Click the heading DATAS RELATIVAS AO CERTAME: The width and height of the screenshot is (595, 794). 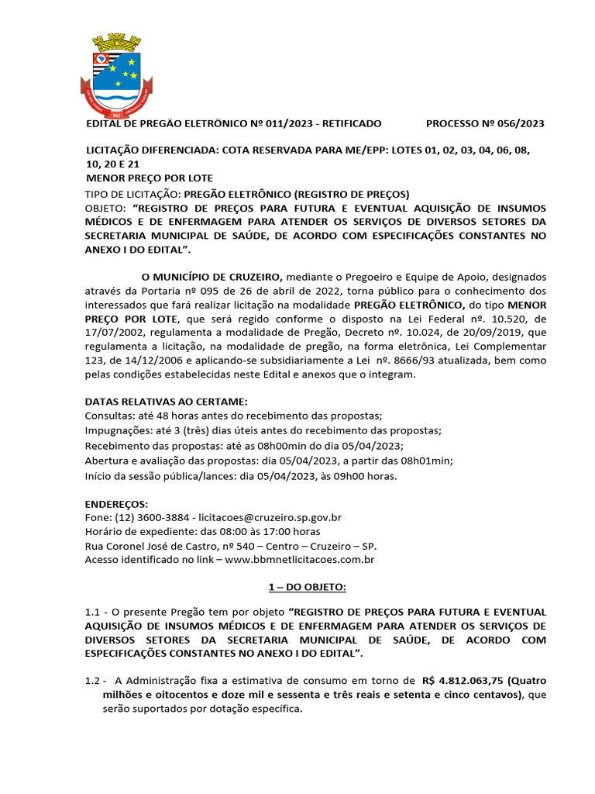pyautogui.click(x=166, y=402)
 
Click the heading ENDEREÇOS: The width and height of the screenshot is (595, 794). pyautogui.click(x=115, y=503)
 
